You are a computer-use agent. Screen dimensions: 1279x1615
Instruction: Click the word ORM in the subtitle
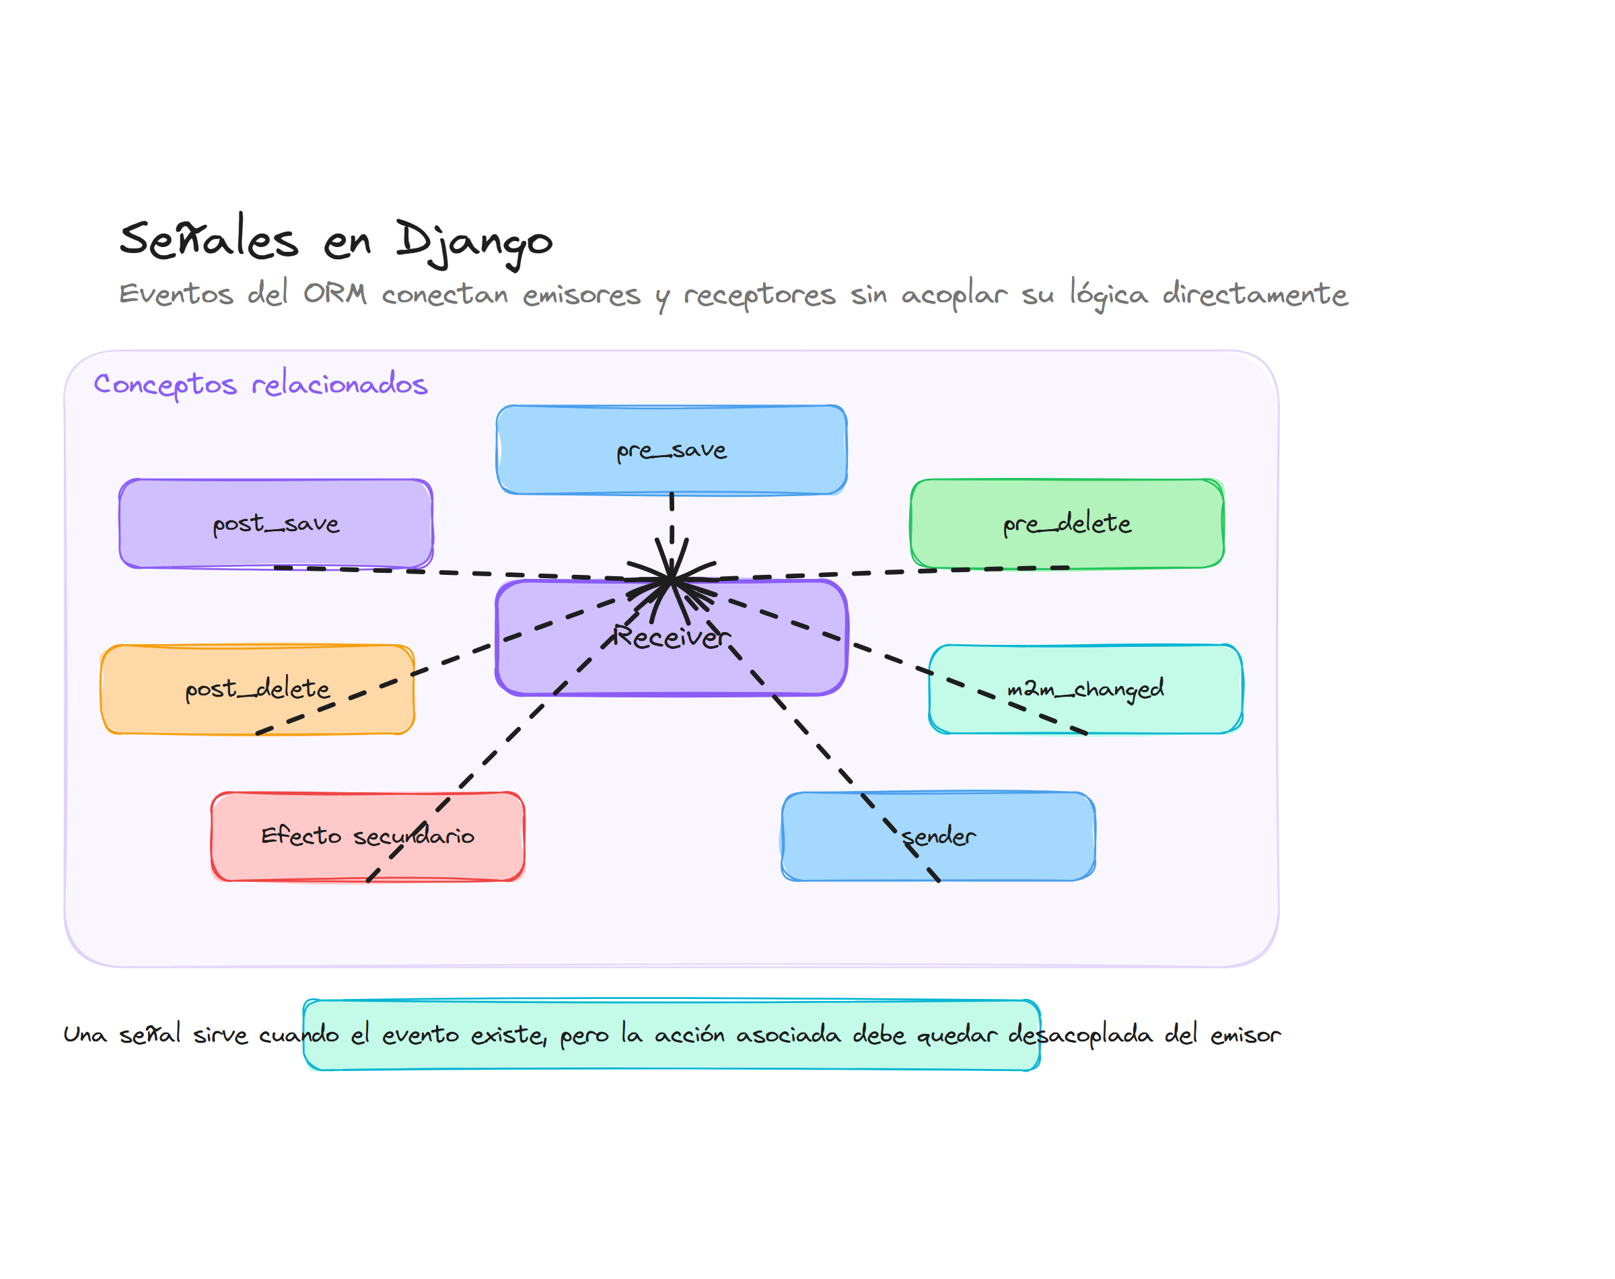coord(334,293)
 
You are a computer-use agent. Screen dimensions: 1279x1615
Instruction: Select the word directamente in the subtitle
coord(1254,293)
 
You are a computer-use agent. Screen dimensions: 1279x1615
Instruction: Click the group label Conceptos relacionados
coord(260,384)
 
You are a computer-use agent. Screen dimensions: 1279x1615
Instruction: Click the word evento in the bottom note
coord(420,1034)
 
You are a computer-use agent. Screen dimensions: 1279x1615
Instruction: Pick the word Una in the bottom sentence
coord(85,1034)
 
